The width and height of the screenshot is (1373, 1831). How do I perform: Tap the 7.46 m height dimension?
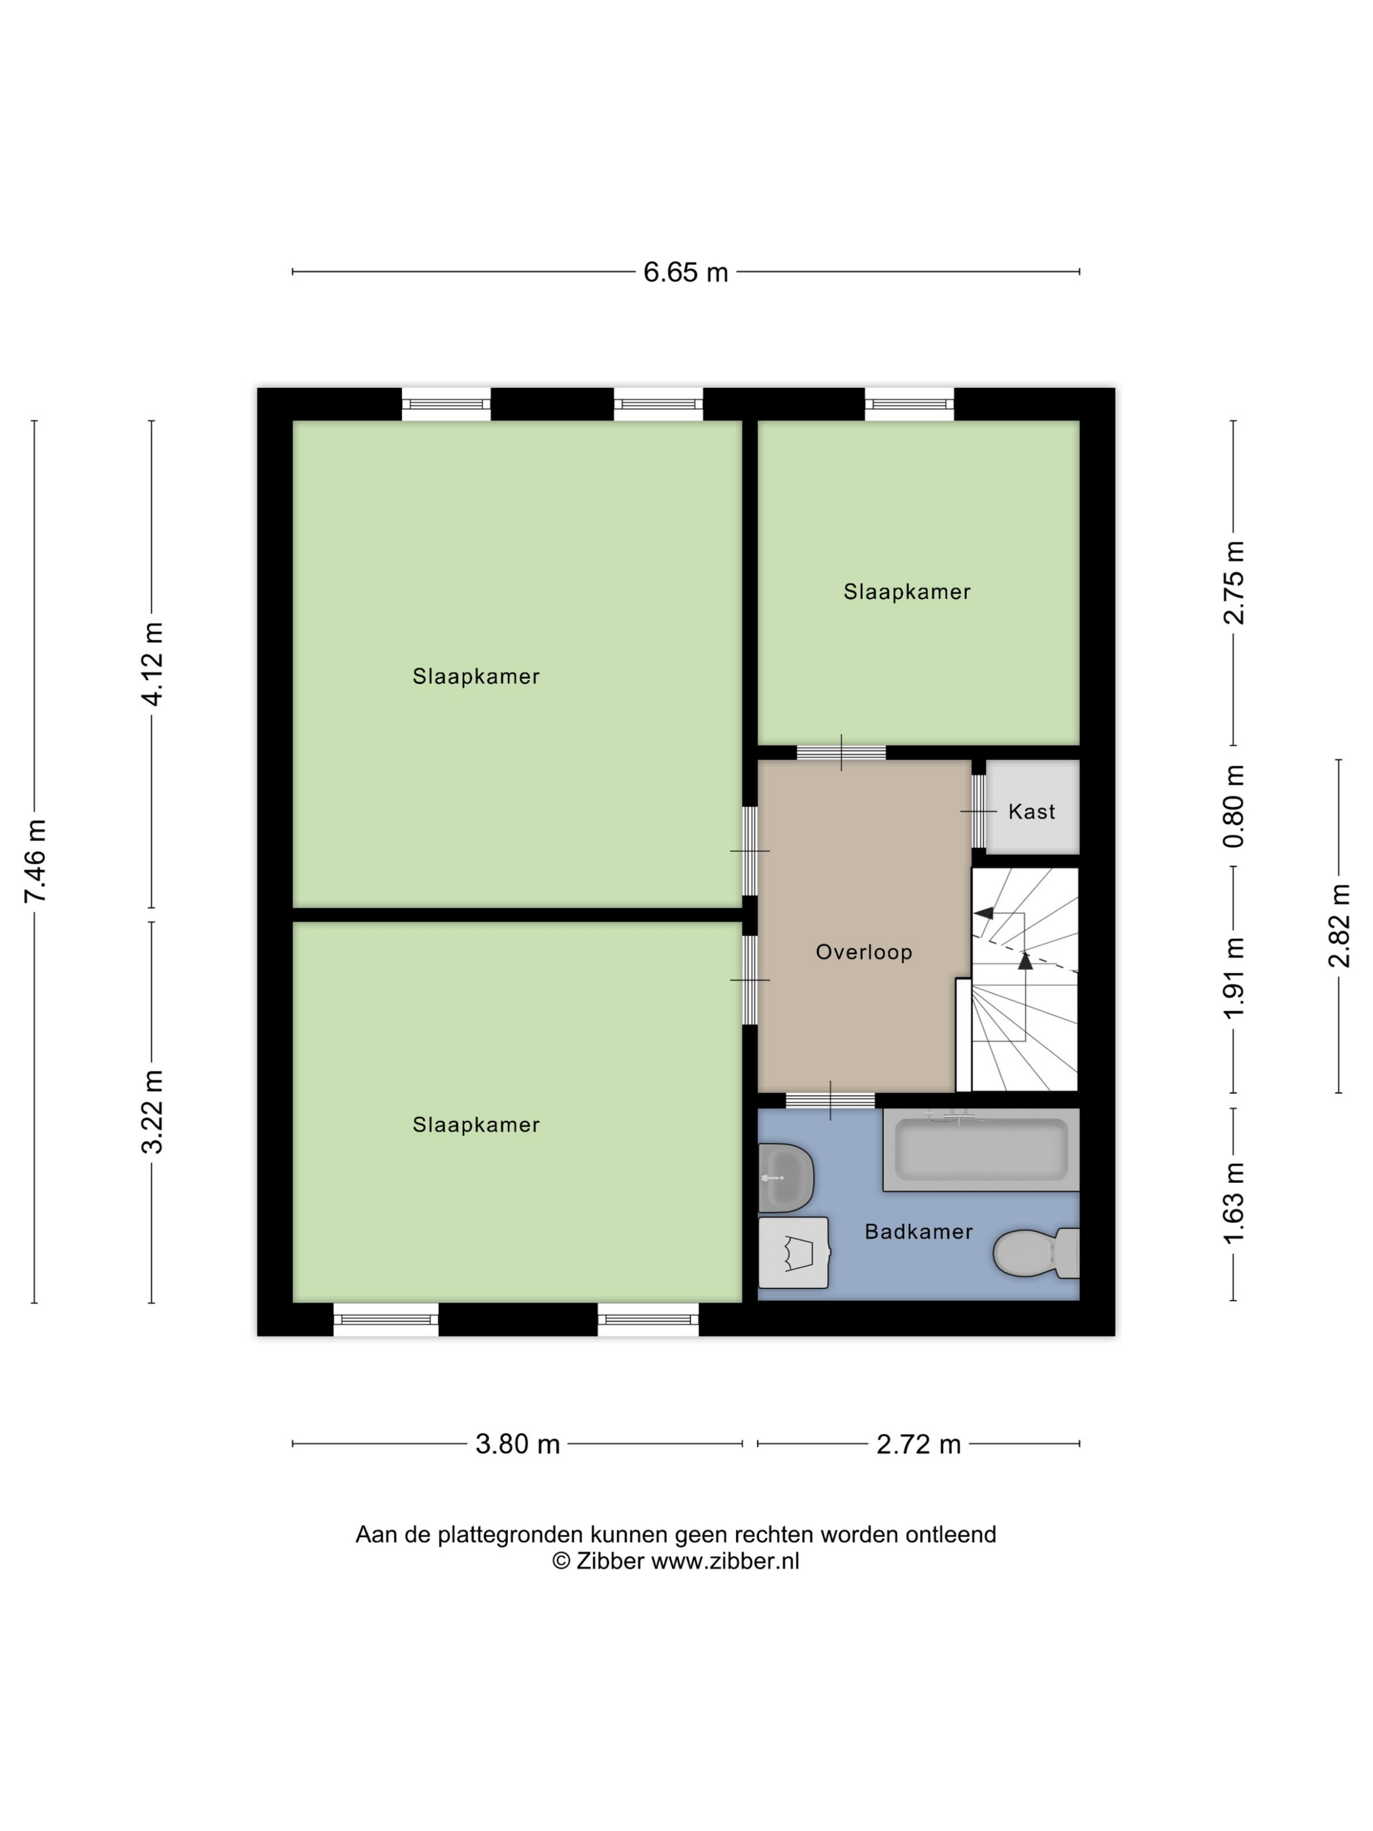click(x=35, y=861)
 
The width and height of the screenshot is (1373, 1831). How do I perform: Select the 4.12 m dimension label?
click(x=152, y=664)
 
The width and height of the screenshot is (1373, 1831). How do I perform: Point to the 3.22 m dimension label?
click(x=152, y=1111)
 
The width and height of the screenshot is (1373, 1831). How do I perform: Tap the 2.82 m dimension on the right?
click(x=1339, y=925)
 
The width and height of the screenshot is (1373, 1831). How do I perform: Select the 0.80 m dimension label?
click(x=1234, y=806)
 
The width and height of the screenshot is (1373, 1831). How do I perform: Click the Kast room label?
click(x=1031, y=812)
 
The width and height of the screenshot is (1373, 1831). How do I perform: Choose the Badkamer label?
click(x=919, y=1232)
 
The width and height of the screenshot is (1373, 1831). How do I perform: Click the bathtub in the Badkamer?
click(x=981, y=1149)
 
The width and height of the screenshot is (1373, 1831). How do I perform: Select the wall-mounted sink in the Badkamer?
click(x=785, y=1177)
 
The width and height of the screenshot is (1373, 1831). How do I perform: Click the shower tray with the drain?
click(x=794, y=1252)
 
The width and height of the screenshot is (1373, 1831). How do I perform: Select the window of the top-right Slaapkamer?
click(x=909, y=404)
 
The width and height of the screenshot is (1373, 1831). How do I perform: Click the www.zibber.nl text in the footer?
click(x=725, y=1561)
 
